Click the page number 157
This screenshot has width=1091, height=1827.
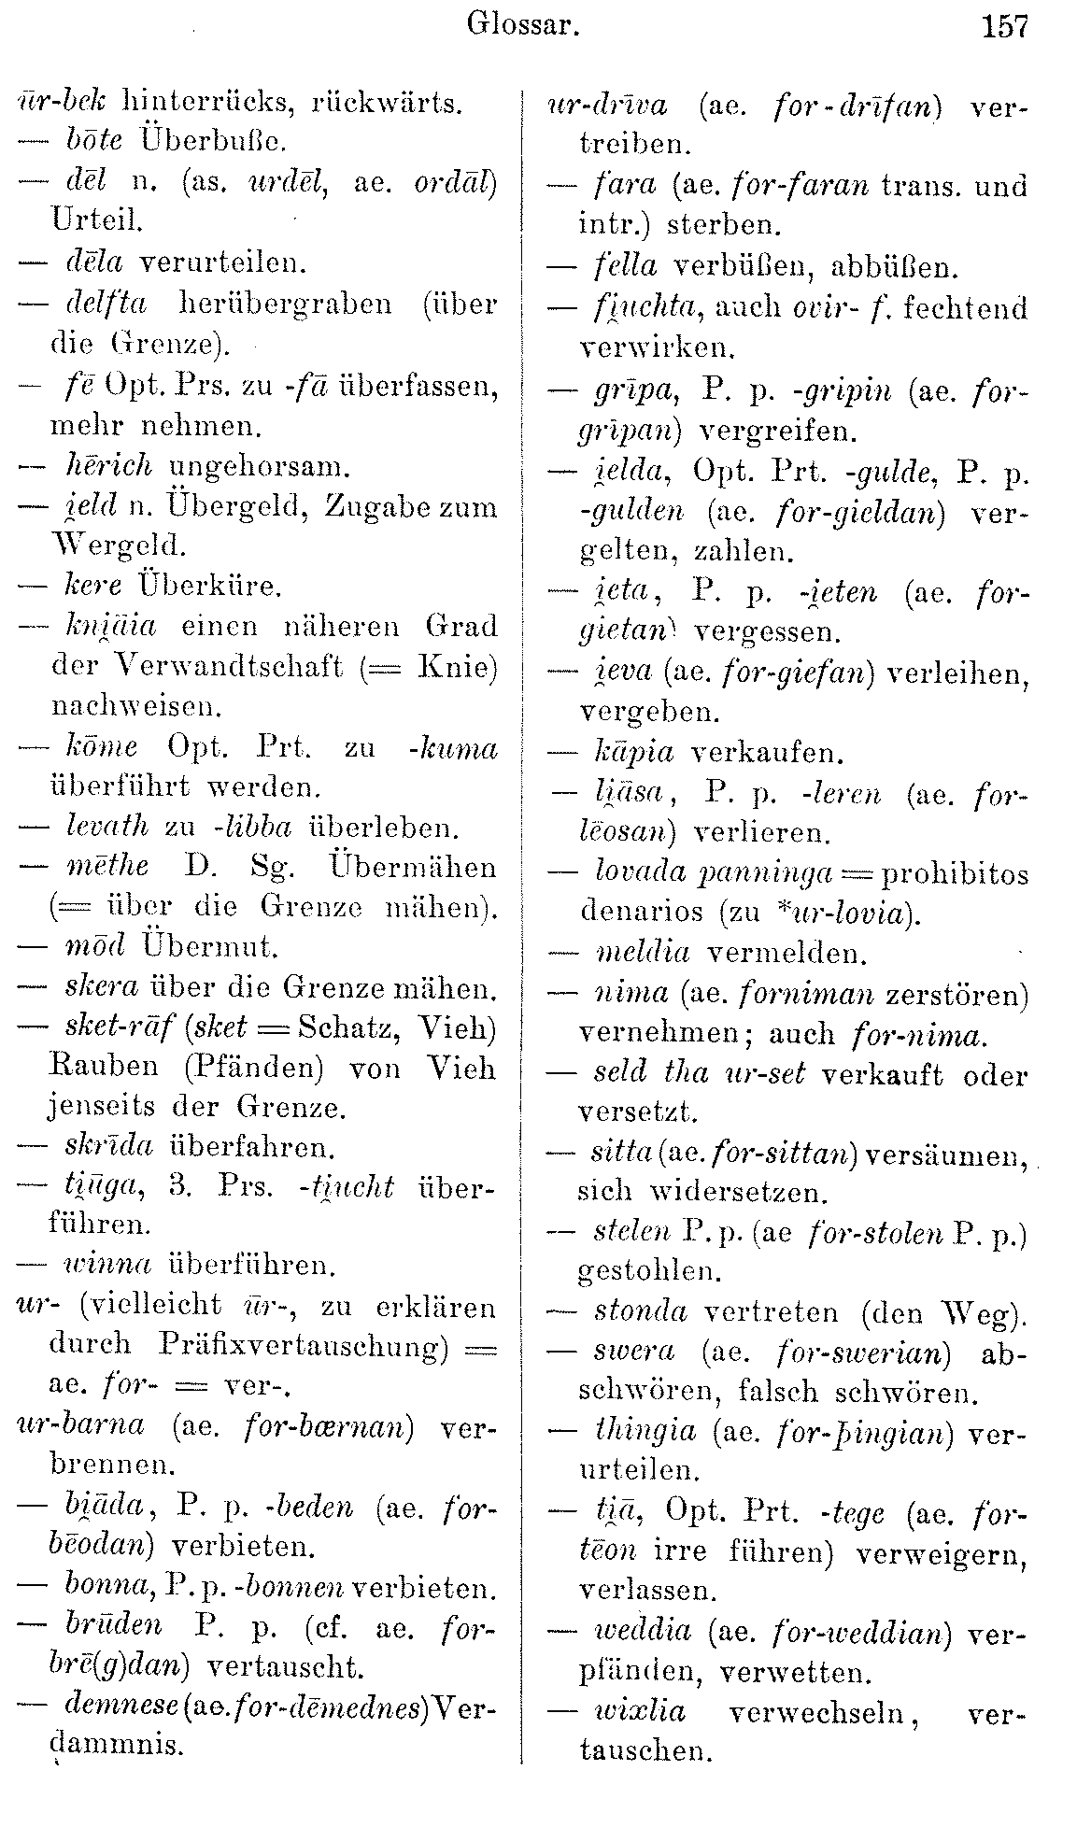click(x=1004, y=26)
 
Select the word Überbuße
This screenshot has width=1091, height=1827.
click(x=213, y=141)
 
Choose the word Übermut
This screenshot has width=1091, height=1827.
click(x=212, y=946)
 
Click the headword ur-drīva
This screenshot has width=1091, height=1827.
click(x=607, y=106)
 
